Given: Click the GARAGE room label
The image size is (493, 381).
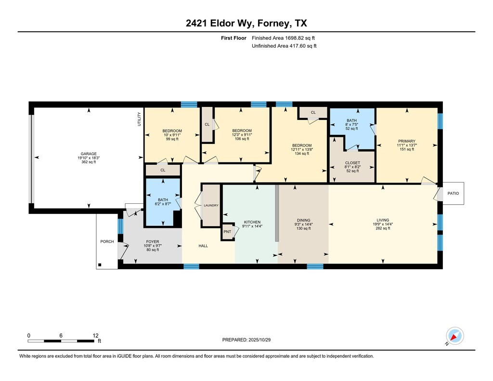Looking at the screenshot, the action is (89, 154).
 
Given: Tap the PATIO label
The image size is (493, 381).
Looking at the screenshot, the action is (453, 193).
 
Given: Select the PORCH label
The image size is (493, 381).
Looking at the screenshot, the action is (107, 242).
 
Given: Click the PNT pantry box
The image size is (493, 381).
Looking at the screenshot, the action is (228, 232).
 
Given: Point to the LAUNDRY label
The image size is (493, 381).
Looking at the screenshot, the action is (211, 206).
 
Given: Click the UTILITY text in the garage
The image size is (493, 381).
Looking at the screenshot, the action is (139, 119).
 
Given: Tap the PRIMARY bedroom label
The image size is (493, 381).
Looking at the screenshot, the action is (407, 141).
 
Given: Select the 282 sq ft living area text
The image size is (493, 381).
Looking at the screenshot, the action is (383, 228).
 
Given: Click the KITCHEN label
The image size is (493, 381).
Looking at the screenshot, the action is (252, 222).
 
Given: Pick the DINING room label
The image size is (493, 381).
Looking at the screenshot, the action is (304, 220).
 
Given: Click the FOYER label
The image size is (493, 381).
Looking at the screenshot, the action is (153, 242).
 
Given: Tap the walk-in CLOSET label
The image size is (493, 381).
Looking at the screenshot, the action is (352, 163).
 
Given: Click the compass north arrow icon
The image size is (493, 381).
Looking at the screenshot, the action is (454, 337).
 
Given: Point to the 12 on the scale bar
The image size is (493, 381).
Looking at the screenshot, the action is (96, 336).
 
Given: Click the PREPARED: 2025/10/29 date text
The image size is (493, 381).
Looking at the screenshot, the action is (246, 340).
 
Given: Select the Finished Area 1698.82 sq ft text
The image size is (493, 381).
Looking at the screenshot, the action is (283, 38).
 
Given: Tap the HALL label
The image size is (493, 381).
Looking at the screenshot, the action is (203, 246).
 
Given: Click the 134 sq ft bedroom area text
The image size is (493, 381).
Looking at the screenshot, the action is (302, 154).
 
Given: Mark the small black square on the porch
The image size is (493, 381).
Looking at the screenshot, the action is (100, 265).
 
